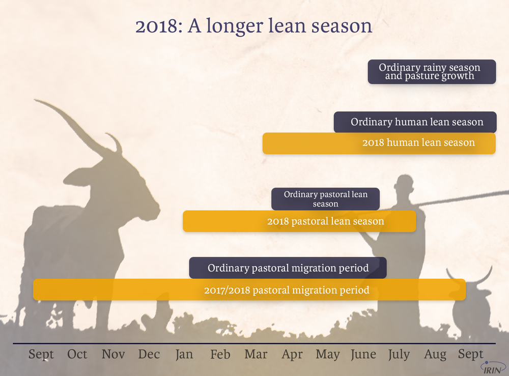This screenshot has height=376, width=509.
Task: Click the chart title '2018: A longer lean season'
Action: coord(253,26)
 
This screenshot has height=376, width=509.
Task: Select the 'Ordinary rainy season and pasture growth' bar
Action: coord(432,72)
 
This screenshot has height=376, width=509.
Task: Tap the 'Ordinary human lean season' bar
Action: coord(415,122)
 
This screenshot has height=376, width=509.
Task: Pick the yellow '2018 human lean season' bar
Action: coord(379,143)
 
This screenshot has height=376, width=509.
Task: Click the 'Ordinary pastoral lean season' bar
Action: coord(325,199)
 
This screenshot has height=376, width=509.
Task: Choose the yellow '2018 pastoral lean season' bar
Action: coord(299,221)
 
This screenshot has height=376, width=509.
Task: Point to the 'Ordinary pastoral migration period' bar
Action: coord(288,268)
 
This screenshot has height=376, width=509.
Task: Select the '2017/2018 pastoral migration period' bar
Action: coord(249,290)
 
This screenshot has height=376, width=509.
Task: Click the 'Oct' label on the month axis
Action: coord(77,354)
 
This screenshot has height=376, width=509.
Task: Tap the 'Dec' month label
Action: coord(149,354)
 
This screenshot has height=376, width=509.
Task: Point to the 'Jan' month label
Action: coord(184,354)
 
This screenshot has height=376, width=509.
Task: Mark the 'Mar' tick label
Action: coord(256,354)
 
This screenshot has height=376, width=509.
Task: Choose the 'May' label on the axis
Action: coord(327,355)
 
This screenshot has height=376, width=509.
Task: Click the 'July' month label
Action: coord(399,355)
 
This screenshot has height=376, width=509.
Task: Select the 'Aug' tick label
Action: coord(435,355)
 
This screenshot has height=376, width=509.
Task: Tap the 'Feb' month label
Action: coord(220,354)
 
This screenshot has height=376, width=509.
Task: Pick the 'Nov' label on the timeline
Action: coord(113,354)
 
